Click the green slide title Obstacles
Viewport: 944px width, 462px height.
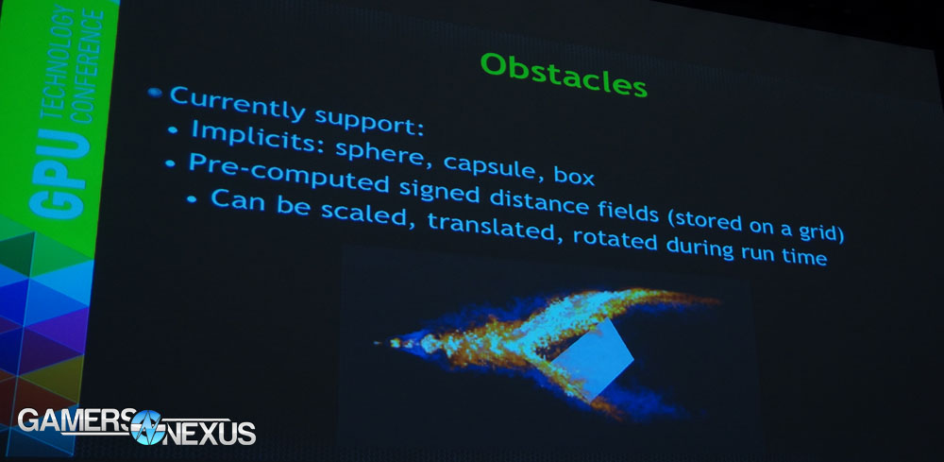click(565, 74)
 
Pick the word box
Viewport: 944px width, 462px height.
click(574, 176)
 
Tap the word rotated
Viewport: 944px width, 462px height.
click(615, 239)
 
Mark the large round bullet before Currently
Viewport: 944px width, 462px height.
click(155, 93)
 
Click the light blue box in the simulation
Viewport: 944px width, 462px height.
click(593, 360)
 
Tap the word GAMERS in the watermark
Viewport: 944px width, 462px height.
click(73, 419)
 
